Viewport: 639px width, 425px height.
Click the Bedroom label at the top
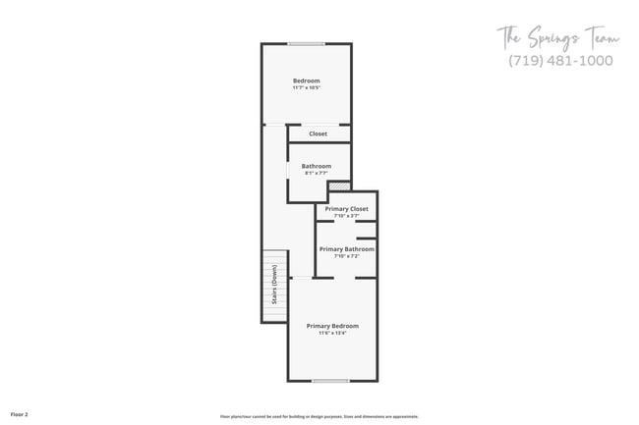tap(306, 80)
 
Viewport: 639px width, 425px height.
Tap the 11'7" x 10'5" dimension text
tap(306, 88)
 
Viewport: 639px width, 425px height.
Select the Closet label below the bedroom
tap(318, 133)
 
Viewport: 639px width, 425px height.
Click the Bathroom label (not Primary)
tap(316, 166)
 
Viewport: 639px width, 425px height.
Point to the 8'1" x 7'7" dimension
tap(316, 174)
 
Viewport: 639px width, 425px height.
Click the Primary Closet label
tap(346, 208)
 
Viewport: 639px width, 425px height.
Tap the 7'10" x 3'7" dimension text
tap(346, 216)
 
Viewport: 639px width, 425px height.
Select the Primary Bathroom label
tap(346, 249)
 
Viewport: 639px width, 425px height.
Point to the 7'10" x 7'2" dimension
tap(346, 257)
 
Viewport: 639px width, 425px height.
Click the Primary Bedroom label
tap(332, 325)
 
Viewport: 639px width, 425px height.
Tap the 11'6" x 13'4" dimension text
tap(332, 333)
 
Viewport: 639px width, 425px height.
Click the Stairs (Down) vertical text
tap(273, 286)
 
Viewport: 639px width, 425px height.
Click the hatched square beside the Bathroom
tap(339, 186)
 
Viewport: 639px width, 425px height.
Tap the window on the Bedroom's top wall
tap(306, 43)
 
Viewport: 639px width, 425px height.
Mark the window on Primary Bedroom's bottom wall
tap(330, 380)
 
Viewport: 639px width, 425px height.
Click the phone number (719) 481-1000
tap(560, 61)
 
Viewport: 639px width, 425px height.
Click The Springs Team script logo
tap(557, 38)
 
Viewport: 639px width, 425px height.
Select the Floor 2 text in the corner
tap(20, 415)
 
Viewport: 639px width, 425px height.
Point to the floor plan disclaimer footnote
tap(319, 416)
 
